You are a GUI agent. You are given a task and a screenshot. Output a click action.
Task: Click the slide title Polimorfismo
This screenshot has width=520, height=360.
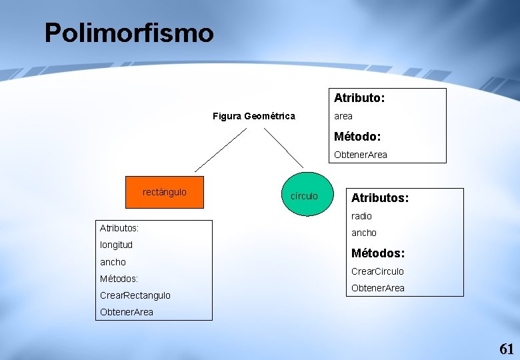point(129,33)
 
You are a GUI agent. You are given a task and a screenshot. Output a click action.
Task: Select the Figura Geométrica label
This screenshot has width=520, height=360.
point(253,116)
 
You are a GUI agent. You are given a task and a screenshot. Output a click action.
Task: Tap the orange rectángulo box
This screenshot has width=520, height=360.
point(165,193)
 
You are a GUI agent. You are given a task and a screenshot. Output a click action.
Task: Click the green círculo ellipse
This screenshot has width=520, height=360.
point(305,195)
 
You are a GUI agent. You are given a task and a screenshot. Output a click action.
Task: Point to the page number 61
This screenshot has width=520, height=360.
point(507,349)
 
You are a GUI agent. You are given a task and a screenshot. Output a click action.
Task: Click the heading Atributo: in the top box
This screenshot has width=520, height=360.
point(359,98)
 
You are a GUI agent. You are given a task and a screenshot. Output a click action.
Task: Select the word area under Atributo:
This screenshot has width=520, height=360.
point(343,116)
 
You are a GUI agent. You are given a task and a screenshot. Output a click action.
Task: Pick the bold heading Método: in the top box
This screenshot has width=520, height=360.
point(357,136)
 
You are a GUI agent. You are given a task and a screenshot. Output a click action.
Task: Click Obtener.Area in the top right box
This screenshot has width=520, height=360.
point(360,155)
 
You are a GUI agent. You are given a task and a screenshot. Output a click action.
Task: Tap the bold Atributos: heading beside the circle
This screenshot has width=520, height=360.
point(380,198)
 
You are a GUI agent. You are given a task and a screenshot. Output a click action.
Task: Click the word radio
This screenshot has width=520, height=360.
point(361,216)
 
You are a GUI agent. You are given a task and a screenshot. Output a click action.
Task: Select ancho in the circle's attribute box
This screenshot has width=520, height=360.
point(364,233)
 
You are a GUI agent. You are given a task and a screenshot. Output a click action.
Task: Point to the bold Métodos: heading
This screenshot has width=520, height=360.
point(378,253)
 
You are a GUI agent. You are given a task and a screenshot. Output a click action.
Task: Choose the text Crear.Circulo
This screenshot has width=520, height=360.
point(377,271)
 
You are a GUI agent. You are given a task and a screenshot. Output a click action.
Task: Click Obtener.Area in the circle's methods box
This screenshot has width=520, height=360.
point(377,288)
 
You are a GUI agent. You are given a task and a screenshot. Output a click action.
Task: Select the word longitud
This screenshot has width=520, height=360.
point(116,245)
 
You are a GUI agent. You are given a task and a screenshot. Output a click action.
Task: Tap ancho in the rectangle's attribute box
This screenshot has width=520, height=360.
point(113,262)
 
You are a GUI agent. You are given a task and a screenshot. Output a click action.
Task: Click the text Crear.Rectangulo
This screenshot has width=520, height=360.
point(135,295)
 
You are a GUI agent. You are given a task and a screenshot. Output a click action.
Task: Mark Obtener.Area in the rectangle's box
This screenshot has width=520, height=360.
point(126,312)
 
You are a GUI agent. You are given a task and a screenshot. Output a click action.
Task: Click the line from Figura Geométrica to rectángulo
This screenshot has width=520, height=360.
point(220,150)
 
